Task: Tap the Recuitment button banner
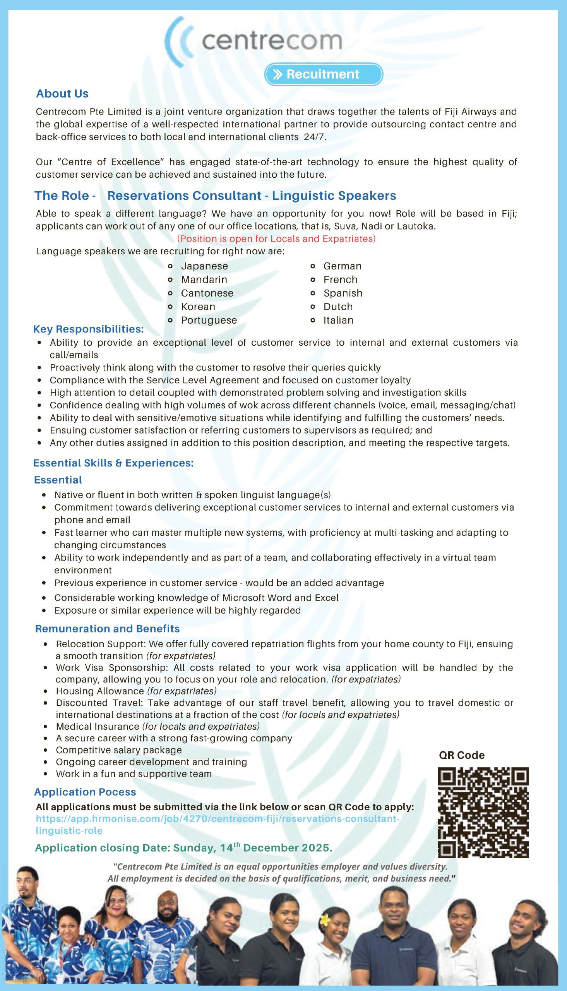(323, 74)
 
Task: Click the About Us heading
(62, 93)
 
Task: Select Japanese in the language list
(204, 266)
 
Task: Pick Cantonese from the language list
(207, 293)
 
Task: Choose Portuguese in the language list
(209, 320)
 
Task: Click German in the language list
(342, 266)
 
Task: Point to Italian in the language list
(338, 320)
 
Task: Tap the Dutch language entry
(338, 307)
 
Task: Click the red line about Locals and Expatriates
(276, 239)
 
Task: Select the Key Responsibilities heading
(88, 329)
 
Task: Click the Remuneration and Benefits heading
(107, 629)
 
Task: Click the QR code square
(483, 813)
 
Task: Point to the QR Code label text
(461, 755)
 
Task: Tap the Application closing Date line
(183, 848)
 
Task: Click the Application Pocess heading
(85, 792)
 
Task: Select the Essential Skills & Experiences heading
(113, 463)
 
